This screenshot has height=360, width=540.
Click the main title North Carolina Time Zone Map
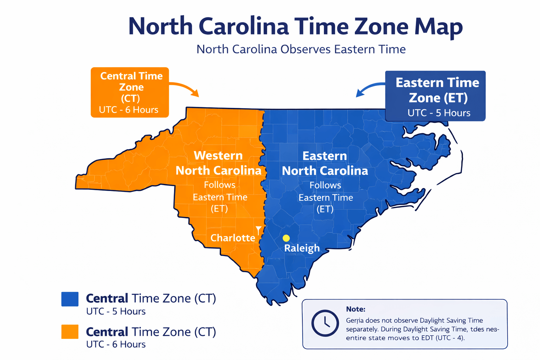[x=295, y=27]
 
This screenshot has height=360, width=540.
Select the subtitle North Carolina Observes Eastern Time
[x=301, y=49]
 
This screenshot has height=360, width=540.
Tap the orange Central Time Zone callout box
[x=130, y=92]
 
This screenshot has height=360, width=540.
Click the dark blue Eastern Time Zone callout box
[x=435, y=96]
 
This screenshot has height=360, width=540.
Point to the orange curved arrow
[x=186, y=88]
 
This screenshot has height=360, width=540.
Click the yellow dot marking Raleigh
[x=286, y=238]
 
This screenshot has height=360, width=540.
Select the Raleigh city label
[x=302, y=248]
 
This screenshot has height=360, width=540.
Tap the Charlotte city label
[x=233, y=238]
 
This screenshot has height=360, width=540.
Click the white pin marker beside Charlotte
[x=259, y=230]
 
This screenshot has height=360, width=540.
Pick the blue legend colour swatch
[x=70, y=299]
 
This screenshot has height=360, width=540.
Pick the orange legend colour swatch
[x=70, y=332]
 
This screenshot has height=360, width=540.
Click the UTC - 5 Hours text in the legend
[x=116, y=311]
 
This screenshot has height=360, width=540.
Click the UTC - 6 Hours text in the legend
[x=116, y=344]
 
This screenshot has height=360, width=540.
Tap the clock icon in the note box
[x=325, y=323]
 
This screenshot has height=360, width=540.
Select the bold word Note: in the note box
[x=355, y=309]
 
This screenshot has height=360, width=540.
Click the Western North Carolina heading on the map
[x=218, y=163]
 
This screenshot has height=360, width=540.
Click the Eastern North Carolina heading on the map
[x=325, y=163]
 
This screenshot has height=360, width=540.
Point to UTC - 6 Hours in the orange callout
[x=129, y=110]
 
